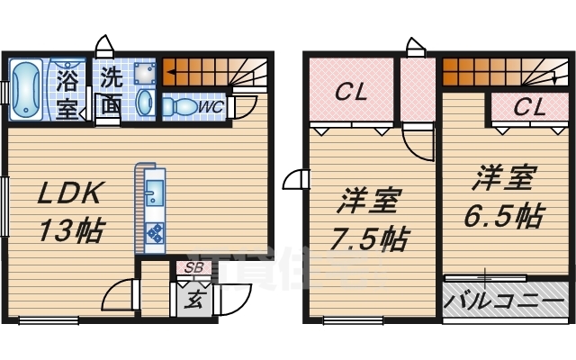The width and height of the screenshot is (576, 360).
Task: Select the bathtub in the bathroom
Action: pos(26,89)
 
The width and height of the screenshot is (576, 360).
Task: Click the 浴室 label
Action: pos(67,93)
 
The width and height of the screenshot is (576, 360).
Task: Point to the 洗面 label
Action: pos(111,91)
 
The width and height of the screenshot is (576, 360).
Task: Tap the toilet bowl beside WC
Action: pos(180,106)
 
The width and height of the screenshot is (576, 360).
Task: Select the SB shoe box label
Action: pos(193,267)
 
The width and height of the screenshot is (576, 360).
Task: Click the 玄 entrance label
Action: pos(193,300)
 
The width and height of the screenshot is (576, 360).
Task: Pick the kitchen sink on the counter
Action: pos(154,193)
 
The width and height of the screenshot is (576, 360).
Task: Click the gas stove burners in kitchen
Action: pos(154,233)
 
